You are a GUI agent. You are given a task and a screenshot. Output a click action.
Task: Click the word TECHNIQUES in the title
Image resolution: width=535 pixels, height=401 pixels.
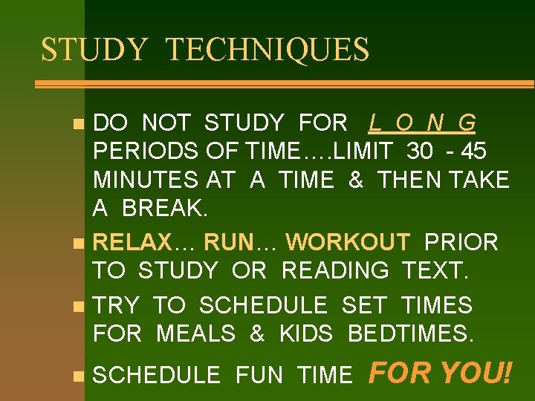[267, 50]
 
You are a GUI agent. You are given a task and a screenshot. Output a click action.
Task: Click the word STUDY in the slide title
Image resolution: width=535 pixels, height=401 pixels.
[95, 50]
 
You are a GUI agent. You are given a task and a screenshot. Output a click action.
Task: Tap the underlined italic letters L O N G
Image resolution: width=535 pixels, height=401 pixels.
[422, 123]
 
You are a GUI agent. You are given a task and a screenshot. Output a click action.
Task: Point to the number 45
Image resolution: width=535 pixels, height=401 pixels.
[473, 151]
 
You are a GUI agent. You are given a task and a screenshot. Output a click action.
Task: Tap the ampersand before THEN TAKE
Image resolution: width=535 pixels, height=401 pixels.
[356, 180]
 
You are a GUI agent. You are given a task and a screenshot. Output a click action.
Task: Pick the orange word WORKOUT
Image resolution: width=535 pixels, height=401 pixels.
[348, 242]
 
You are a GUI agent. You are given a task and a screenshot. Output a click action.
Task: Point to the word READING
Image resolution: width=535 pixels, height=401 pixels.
[335, 271]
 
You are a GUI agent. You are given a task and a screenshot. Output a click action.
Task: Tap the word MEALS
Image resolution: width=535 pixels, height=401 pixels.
[196, 334]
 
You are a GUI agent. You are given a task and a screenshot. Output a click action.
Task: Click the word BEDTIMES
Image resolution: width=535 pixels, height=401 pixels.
[410, 334]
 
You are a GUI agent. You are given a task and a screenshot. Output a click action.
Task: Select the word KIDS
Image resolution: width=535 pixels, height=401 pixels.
[306, 334]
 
